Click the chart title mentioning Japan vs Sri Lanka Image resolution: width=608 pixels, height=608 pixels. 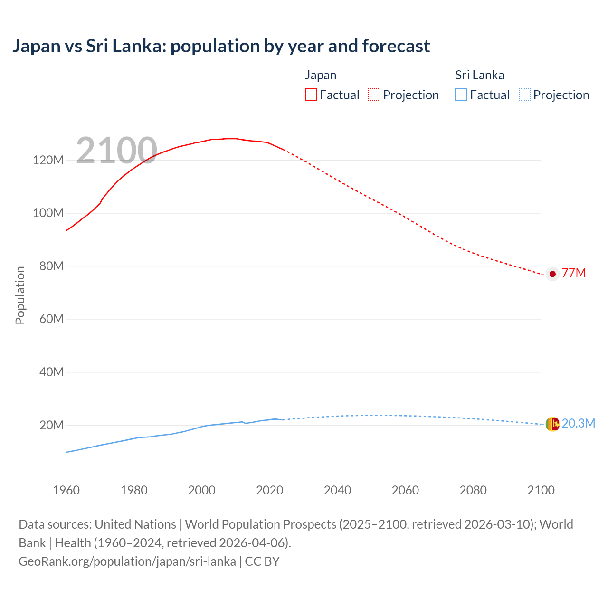click(221, 46)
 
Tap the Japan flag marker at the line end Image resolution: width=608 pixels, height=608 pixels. click(552, 274)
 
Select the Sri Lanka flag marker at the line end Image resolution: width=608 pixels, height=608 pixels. click(552, 424)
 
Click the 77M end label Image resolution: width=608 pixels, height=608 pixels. click(574, 273)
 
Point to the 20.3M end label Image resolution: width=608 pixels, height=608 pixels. click(578, 424)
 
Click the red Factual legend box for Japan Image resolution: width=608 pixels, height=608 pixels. click(311, 95)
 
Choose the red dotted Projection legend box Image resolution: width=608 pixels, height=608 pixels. click(374, 95)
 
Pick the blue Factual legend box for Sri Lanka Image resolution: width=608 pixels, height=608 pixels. click(461, 95)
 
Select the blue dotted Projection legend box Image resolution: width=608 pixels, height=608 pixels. click(524, 95)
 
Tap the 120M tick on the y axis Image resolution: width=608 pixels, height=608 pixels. click(48, 160)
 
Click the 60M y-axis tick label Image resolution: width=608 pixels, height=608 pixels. click(51, 319)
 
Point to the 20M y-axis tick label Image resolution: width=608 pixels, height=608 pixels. click(51, 425)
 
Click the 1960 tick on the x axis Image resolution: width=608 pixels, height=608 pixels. click(66, 490)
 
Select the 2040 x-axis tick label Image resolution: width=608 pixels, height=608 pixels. click(337, 490)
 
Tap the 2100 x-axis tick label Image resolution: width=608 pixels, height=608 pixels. click(541, 490)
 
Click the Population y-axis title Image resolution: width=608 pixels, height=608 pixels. click(20, 295)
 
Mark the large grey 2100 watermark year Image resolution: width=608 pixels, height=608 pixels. click(116, 151)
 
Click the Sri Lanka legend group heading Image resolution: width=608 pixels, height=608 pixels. click(479, 75)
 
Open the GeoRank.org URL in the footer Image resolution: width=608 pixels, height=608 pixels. click(127, 561)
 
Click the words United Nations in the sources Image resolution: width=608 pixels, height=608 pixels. click(135, 524)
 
